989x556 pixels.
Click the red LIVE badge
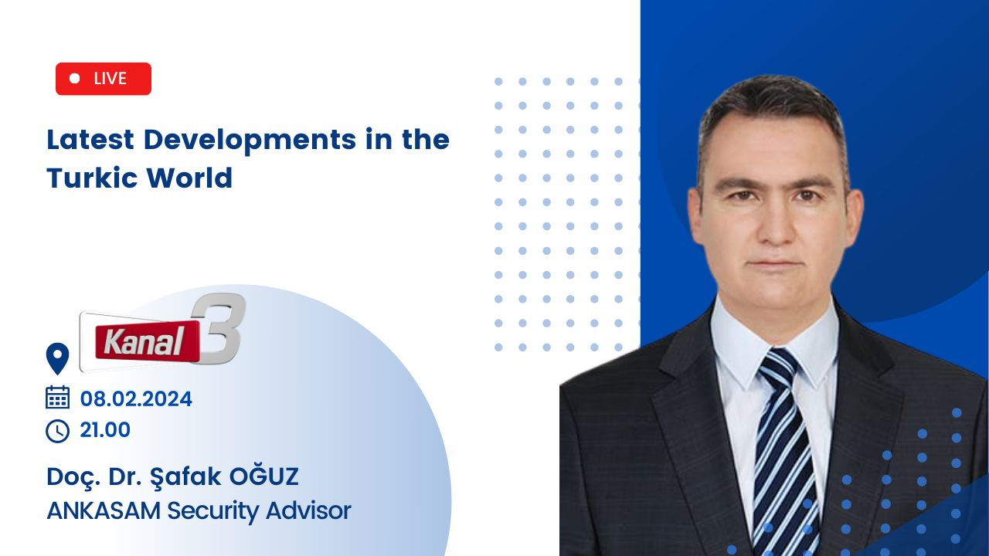pos(104,79)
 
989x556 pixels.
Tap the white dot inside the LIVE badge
pos(75,79)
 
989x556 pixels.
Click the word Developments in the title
pos(250,140)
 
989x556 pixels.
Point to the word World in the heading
pos(189,178)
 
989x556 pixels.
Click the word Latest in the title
pos(90,140)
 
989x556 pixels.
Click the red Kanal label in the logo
pos(147,341)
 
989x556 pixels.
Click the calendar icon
pos(57,397)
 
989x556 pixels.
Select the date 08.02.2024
pos(136,399)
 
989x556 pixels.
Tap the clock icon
pos(57,431)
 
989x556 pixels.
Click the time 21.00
pos(105,430)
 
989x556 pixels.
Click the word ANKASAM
pos(104,510)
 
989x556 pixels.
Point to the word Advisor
pos(308,510)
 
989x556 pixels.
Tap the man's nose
pos(775,221)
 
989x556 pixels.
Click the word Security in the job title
pos(214,512)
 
